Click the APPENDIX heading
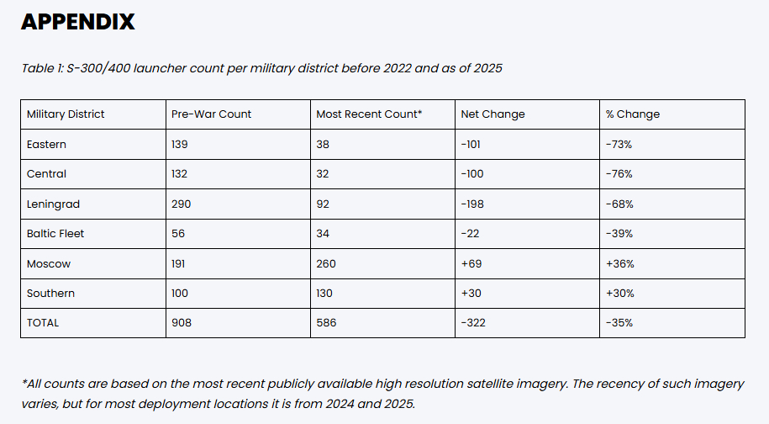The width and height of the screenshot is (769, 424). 77,22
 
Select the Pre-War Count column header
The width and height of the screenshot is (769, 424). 211,114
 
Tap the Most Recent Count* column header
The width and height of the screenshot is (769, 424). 369,114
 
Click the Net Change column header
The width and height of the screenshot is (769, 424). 492,114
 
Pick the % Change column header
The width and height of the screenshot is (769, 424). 632,114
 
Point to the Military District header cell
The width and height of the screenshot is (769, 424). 66,114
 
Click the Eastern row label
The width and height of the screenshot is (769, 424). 46,145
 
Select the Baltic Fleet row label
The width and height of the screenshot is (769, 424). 55,234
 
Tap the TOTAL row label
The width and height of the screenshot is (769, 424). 43,323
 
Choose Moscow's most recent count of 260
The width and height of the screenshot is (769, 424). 326,264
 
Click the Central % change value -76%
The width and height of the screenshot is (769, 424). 619,174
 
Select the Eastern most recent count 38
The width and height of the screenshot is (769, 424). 323,145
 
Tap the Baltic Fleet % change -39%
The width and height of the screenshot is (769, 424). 619,234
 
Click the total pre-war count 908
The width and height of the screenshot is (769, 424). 182,323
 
